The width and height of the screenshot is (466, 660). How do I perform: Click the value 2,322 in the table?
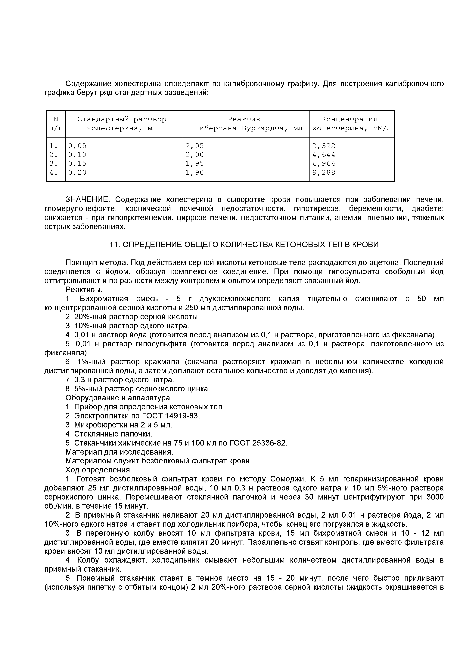[x=324, y=146]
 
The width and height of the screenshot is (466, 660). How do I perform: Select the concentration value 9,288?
[x=324, y=173]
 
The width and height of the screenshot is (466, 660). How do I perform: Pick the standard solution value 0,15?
[x=77, y=163]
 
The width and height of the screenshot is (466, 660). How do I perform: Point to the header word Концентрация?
[x=349, y=119]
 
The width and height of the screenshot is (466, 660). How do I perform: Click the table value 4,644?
[x=324, y=155]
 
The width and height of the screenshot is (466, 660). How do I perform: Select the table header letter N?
[x=56, y=119]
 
